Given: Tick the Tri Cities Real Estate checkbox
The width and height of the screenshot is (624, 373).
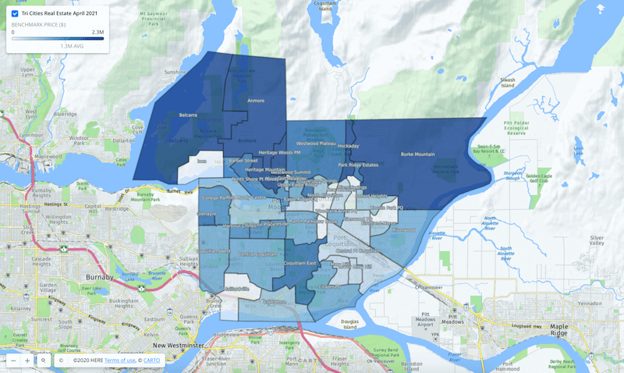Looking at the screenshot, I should click(15, 13).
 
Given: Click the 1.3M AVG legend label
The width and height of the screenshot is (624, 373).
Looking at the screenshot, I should click(72, 46).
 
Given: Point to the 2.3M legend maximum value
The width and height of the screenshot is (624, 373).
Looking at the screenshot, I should click(97, 32).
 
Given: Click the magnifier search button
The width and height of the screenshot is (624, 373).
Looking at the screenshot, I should click(44, 361).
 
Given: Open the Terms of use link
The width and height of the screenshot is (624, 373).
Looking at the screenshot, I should click(119, 361).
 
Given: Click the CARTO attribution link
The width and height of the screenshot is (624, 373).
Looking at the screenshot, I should click(151, 361).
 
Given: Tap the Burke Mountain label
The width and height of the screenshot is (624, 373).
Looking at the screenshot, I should click(418, 155).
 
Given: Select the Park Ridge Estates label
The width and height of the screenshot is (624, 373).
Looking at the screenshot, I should click(358, 165).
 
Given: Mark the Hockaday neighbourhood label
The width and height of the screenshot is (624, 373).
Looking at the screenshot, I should click(348, 146).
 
